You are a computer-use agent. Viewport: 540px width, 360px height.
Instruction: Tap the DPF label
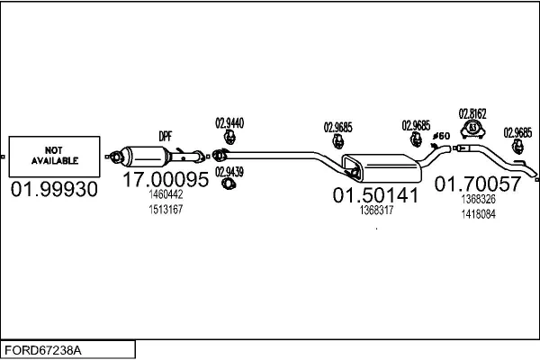(x=166, y=136)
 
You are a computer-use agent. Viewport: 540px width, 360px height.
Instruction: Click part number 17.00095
(x=166, y=180)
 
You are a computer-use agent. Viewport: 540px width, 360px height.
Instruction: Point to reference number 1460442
(x=166, y=194)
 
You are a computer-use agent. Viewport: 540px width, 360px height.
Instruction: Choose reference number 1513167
(x=166, y=210)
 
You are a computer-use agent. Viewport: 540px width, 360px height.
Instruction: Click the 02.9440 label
(x=229, y=123)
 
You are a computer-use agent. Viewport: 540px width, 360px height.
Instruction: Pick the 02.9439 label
(x=229, y=171)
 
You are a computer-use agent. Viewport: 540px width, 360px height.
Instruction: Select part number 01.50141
(x=375, y=194)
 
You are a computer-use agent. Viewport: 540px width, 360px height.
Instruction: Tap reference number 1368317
(x=375, y=210)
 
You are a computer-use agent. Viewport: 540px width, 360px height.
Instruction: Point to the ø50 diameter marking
(x=441, y=136)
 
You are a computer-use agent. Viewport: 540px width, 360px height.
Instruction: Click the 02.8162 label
(x=472, y=114)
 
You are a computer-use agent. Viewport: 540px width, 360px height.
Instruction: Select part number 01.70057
(x=478, y=184)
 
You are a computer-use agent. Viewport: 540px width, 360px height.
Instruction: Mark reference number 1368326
(x=478, y=199)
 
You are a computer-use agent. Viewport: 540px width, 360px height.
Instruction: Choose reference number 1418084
(x=478, y=213)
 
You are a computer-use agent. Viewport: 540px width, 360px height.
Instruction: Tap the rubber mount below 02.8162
(x=472, y=132)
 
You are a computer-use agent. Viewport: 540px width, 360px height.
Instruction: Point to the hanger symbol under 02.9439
(x=229, y=184)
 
